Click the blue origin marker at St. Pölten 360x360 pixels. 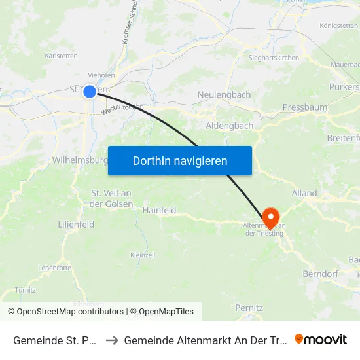pyautogui.click(x=90, y=92)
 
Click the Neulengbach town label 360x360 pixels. pyautogui.click(x=224, y=95)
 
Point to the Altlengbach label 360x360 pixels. pyautogui.click(x=229, y=125)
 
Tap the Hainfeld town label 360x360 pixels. pyautogui.click(x=159, y=210)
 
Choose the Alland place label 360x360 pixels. pyautogui.click(x=304, y=193)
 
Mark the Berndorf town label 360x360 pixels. pyautogui.click(x=319, y=273)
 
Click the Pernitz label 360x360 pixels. pyautogui.click(x=249, y=307)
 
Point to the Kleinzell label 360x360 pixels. pyautogui.click(x=142, y=255)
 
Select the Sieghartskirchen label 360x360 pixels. pyautogui.click(x=274, y=58)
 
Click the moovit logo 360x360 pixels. pyautogui.click(x=321, y=339)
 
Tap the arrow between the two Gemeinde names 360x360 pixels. pyautogui.click(x=111, y=340)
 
